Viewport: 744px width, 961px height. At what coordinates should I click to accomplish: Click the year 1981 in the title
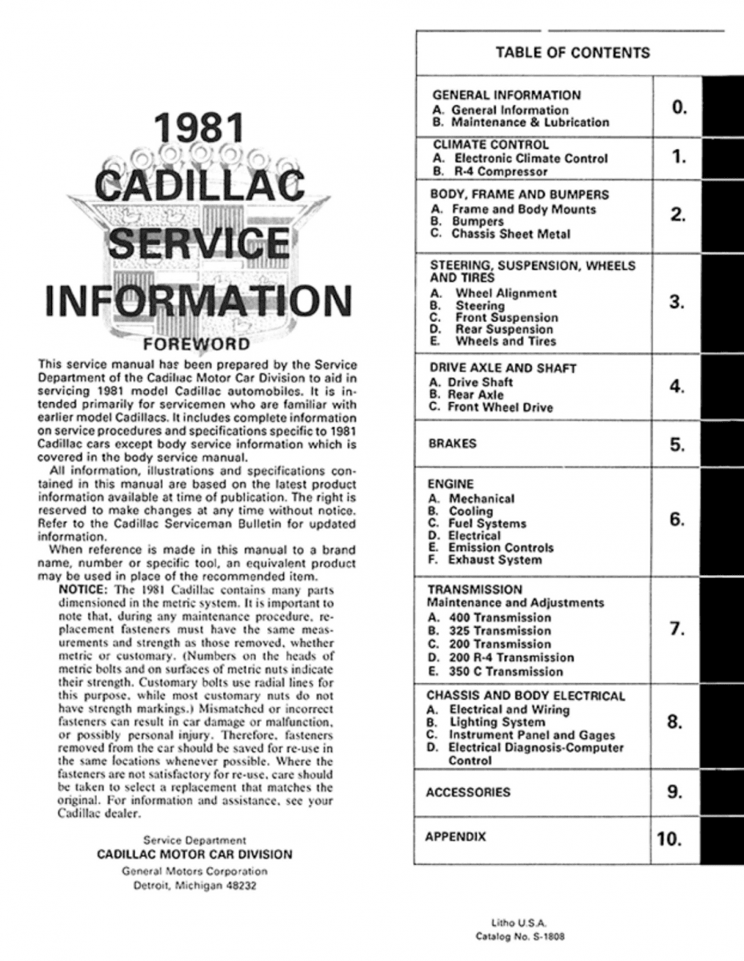click(198, 131)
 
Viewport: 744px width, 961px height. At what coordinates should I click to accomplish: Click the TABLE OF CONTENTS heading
click(572, 54)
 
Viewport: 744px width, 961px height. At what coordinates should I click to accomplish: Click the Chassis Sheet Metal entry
click(512, 235)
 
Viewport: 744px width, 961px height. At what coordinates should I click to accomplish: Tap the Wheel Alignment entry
click(506, 293)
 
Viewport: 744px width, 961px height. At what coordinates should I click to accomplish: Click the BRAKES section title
click(453, 444)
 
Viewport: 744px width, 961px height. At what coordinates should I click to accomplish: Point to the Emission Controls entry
click(501, 548)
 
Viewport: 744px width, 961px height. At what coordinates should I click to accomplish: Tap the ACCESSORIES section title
click(468, 792)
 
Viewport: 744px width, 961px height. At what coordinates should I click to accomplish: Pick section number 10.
click(669, 840)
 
